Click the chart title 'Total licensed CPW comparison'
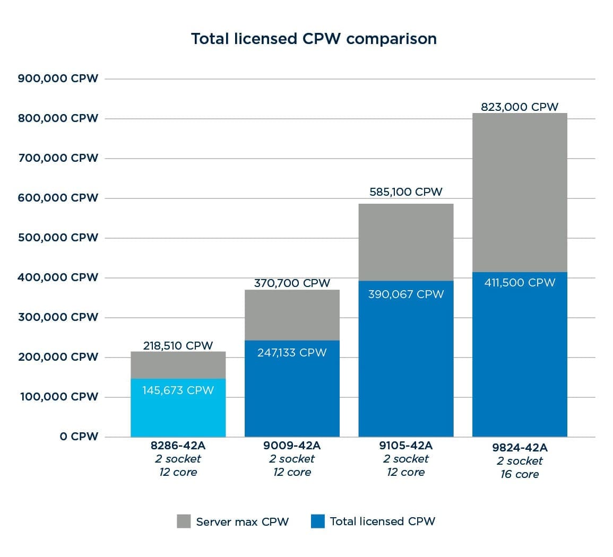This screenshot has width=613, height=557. pos(314,39)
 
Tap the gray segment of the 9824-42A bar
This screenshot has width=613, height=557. pos(520,191)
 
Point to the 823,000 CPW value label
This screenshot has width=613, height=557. pos(520,107)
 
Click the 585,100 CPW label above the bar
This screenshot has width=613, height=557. pos(406,192)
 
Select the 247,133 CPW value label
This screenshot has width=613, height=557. pos(292,353)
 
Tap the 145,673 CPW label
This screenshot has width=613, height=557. pos(178,390)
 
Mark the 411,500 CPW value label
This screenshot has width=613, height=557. pos(520,283)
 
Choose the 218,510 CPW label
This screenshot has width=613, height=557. pos(178,346)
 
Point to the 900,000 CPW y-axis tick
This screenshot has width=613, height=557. pos(58,79)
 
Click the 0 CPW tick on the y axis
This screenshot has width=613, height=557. pos(79,437)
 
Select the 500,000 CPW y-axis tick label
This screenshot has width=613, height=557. pos(58,238)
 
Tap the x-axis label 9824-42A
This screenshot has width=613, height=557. pos(520,448)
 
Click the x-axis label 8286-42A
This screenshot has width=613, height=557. pos(178,446)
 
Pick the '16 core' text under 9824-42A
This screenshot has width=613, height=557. pos(520,474)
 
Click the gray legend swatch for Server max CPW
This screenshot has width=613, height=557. pos(184,521)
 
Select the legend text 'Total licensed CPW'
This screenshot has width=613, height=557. pos(382,521)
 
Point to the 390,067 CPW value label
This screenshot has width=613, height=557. pos(406,294)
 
